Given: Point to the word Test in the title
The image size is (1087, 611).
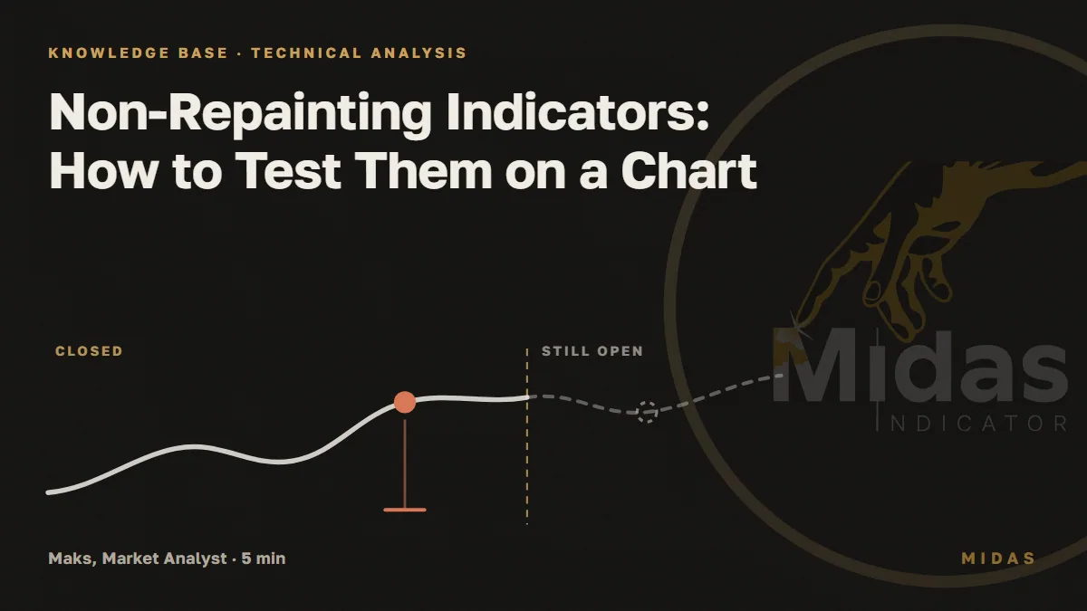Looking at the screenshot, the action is tap(289, 170).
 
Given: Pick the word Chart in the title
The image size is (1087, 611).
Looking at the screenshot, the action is tap(688, 170).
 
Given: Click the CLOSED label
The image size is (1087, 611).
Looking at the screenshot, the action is tap(90, 351).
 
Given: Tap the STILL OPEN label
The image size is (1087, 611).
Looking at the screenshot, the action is tap(592, 351).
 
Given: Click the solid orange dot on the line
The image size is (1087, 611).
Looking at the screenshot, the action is tap(405, 403).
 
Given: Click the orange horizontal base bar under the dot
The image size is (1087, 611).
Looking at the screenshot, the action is tap(405, 510).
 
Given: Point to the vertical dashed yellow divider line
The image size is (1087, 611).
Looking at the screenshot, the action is tap(527, 436).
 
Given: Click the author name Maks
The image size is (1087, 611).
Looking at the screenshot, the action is tap(72, 558).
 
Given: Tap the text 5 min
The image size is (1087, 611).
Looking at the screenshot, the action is tap(263, 558).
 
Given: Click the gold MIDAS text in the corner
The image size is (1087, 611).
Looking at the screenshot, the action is tap(998, 558).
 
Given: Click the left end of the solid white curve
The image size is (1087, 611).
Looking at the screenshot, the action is tap(49, 492).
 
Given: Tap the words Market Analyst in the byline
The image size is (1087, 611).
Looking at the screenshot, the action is tap(165, 558).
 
